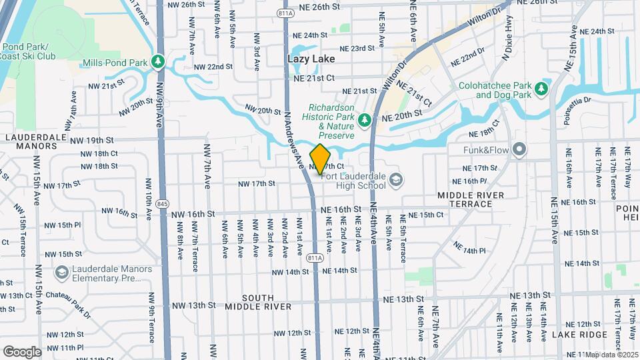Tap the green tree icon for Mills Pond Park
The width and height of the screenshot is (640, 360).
[158, 62]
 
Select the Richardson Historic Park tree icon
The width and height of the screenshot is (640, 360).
[364, 120]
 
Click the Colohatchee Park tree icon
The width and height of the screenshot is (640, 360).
[541, 89]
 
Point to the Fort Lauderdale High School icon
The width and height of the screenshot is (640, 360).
[396, 179]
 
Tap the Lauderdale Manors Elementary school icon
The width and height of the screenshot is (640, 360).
[62, 273]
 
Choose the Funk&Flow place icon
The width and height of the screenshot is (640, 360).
[519, 150]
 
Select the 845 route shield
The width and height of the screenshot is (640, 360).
[162, 203]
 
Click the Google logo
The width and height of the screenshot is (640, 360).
[22, 351]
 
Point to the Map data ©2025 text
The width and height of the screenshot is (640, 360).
[612, 355]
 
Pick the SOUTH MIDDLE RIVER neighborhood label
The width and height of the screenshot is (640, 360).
[258, 301]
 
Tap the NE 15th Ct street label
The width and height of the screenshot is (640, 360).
[426, 215]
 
